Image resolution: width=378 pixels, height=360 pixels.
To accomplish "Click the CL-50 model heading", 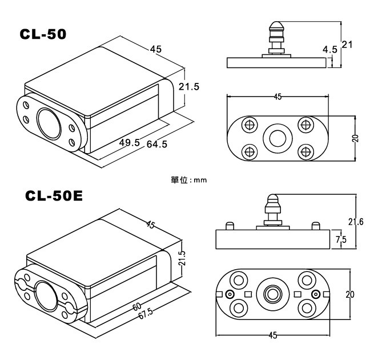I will click(43, 34).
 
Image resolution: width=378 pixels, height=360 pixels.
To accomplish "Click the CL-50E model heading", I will click(54, 197).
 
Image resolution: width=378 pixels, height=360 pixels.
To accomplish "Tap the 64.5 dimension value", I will click(156, 145).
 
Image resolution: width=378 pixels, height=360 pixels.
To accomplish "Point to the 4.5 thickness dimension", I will click(329, 50).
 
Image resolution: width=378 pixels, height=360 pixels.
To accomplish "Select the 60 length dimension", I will click(137, 306).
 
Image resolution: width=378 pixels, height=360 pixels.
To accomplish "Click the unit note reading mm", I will click(188, 179).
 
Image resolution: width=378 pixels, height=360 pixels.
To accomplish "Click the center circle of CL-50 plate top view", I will click(278, 138).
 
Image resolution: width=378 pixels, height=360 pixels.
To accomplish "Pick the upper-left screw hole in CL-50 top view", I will click(249, 125).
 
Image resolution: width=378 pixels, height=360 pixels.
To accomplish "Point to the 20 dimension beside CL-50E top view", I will click(349, 294).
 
